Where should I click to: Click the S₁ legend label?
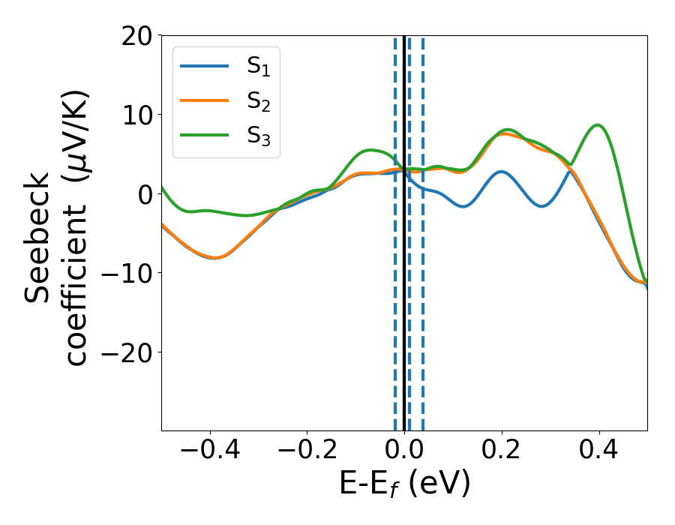click(x=259, y=67)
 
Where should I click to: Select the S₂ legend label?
click(x=259, y=102)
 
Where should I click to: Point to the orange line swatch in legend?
click(x=205, y=100)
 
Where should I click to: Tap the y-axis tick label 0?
click(x=144, y=194)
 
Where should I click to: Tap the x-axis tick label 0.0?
click(x=404, y=450)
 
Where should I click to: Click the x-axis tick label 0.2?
click(x=502, y=450)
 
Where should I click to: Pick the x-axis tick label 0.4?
click(x=599, y=450)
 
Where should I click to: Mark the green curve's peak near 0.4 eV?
click(x=598, y=125)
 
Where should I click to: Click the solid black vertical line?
click(x=404, y=300)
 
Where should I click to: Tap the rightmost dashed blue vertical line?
click(x=422, y=300)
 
